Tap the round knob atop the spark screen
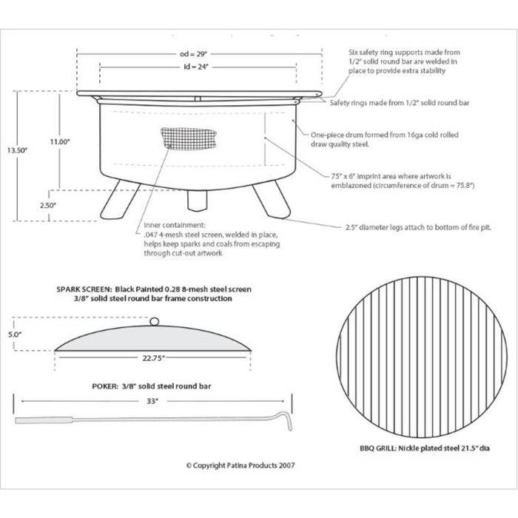coord(154,321)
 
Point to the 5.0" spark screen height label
coord(16,334)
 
